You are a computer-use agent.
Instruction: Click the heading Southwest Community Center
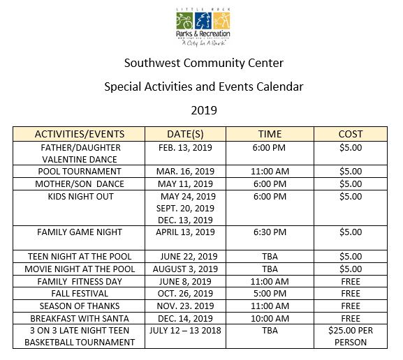click(x=203, y=63)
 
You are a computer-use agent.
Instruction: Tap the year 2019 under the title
click(x=203, y=110)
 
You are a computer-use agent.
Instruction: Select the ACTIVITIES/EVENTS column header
click(x=80, y=134)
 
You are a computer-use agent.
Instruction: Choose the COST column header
click(x=350, y=134)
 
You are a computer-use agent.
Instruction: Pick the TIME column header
click(x=270, y=134)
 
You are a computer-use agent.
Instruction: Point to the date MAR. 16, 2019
click(x=186, y=171)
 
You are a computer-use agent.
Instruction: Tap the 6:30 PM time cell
click(x=270, y=232)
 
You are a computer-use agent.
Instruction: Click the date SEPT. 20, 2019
click(x=186, y=209)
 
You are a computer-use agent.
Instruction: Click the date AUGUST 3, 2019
click(x=186, y=269)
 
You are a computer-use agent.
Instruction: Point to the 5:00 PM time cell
click(x=270, y=294)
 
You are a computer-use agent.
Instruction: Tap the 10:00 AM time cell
click(x=270, y=318)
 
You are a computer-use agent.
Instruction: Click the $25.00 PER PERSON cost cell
click(x=350, y=336)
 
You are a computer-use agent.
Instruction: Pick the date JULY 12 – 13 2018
click(x=186, y=330)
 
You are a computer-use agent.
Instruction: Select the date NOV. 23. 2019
click(x=186, y=306)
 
